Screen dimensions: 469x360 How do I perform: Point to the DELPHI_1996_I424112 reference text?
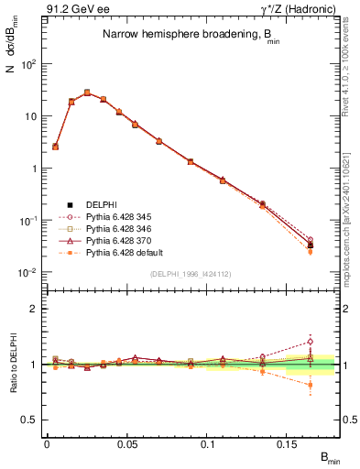[191, 274]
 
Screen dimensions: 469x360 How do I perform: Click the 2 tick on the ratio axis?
[35, 309]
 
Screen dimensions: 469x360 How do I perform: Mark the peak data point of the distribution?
[87, 93]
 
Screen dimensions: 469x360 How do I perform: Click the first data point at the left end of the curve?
[55, 146]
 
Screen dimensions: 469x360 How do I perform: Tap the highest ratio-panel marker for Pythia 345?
[310, 342]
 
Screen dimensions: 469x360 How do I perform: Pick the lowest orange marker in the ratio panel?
[310, 385]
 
